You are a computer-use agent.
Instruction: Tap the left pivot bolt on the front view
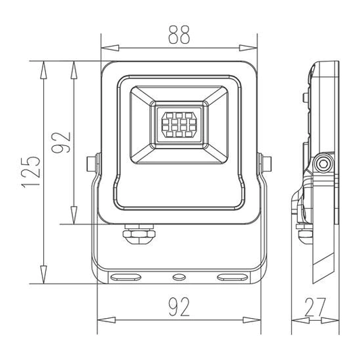[x=93, y=163]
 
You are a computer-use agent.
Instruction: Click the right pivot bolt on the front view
[x=265, y=163]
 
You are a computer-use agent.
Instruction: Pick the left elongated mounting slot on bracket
[x=126, y=276]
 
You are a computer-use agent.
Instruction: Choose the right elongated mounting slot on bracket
[x=231, y=276]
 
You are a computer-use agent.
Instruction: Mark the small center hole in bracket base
[x=179, y=276]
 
